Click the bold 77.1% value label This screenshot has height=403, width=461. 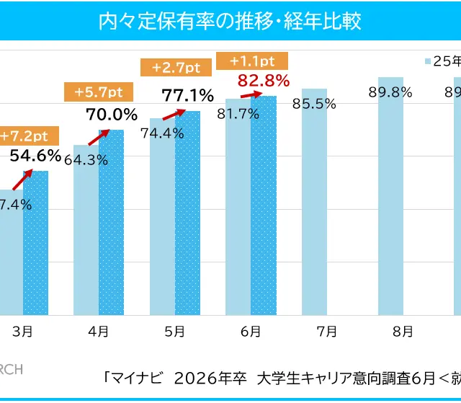click(188, 95)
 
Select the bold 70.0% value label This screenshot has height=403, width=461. click(112, 114)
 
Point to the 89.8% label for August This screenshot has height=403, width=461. click(391, 92)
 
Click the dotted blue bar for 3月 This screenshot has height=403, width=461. click(35, 245)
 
